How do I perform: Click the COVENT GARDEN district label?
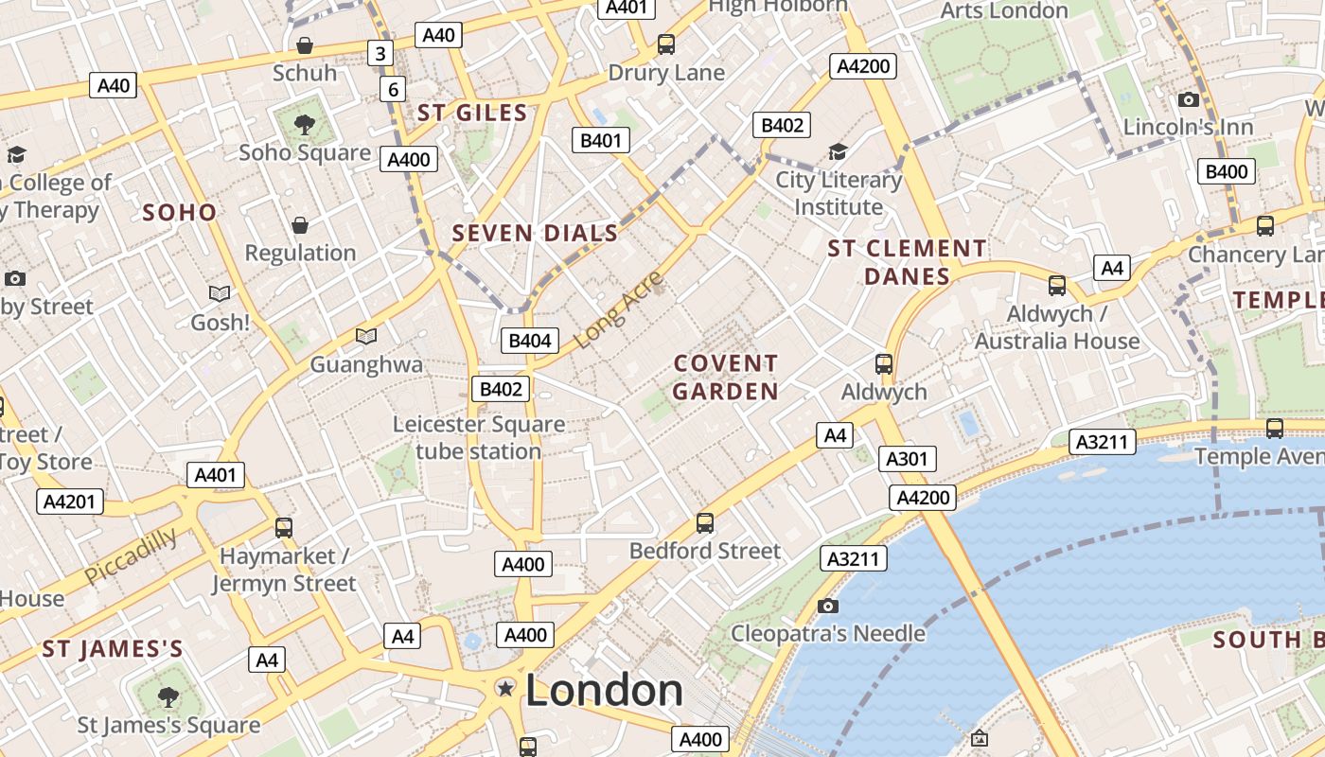726,377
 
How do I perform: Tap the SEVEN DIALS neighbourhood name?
535,233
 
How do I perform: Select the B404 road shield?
529,341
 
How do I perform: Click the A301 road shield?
907,459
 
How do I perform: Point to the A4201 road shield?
71,501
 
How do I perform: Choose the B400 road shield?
1227,171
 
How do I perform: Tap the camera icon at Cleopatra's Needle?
828,606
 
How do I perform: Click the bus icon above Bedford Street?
704,522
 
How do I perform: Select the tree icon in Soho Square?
304,123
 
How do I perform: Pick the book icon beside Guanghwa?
365,336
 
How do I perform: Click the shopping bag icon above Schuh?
305,45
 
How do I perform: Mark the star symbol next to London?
506,688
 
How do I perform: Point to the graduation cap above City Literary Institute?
838,151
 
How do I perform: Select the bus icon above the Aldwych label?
883,363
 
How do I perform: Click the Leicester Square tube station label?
479,437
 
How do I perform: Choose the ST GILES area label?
472,113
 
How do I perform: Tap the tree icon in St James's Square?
168,697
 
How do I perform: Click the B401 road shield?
600,141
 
